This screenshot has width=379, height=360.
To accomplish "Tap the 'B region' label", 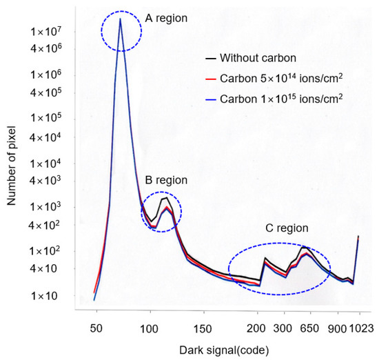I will (x=163, y=180).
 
